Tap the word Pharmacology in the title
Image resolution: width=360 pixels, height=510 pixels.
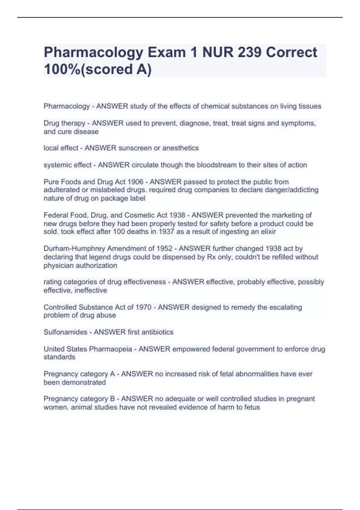pos(93,53)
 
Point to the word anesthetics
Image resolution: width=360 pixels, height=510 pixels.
pos(181,148)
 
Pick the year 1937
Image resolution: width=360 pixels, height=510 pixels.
pos(166,232)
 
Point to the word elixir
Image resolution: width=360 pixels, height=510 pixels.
pos(268,232)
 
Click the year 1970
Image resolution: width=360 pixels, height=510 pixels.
pos(143,307)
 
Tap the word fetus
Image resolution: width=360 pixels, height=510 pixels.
pos(252,407)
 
